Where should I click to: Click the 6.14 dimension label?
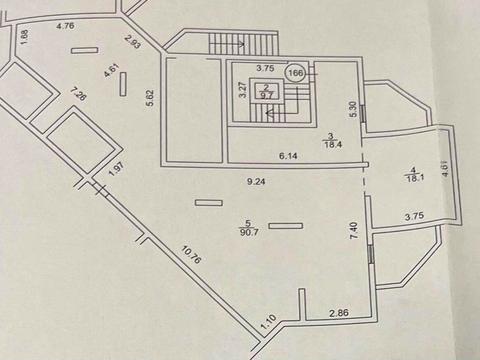290,155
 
